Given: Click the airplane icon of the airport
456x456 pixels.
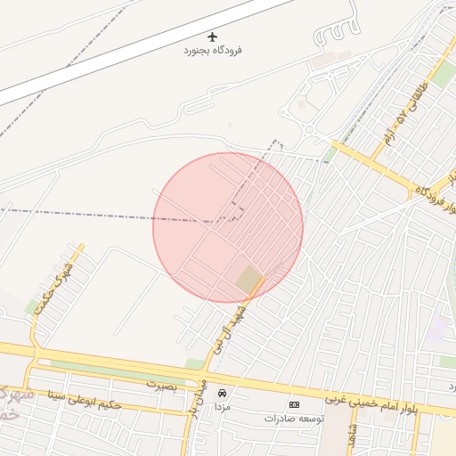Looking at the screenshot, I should [x=212, y=37].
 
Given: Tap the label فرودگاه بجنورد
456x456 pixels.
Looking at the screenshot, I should [x=212, y=50].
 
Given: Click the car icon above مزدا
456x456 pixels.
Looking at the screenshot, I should [x=222, y=393].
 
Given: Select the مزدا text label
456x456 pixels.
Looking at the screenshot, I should [x=222, y=406].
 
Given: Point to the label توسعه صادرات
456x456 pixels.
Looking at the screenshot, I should [x=295, y=417].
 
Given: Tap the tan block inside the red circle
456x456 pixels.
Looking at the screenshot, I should [x=249, y=281].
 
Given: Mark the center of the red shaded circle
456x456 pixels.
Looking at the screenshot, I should [x=228, y=228].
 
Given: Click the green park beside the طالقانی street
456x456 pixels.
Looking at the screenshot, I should [x=442, y=77].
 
